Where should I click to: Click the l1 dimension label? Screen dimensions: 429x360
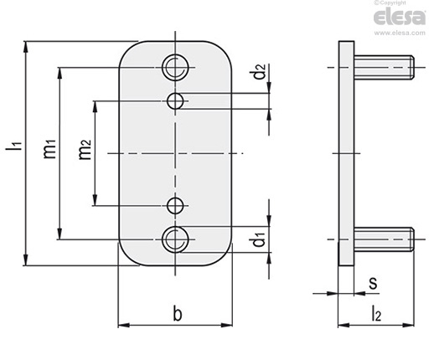13,147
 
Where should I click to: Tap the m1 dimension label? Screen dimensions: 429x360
50,149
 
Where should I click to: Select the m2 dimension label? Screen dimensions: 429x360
85,150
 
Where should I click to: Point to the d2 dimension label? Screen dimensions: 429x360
260,72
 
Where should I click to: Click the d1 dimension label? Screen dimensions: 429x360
259,239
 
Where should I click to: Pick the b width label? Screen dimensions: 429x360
178,313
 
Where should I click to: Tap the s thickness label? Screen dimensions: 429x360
373,283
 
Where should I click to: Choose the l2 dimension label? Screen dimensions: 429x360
376,313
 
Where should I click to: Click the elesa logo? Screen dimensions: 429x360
400,18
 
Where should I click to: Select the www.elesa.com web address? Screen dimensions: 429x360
400,33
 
